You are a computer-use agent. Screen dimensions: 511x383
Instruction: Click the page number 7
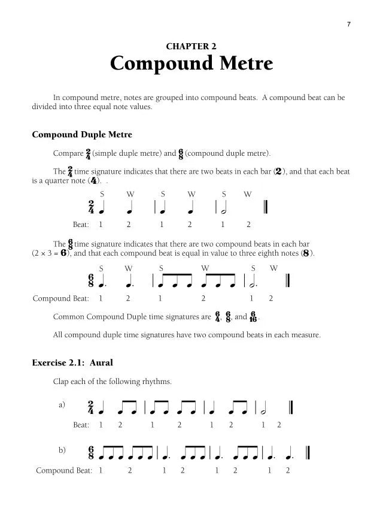[348, 24]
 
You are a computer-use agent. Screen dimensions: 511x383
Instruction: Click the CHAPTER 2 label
[191, 46]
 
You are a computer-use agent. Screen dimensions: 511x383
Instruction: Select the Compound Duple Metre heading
[82, 135]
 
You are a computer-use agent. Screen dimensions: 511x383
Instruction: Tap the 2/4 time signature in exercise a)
[91, 408]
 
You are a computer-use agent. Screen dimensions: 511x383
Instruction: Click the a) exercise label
[62, 405]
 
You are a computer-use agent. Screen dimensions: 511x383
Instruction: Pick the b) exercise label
[62, 450]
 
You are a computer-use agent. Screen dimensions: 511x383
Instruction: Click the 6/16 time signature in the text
[254, 316]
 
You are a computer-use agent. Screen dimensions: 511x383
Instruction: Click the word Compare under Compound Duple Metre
[68, 153]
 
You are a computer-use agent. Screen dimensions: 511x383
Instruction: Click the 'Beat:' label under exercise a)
[81, 425]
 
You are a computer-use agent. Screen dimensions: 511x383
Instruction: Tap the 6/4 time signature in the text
[217, 316]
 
